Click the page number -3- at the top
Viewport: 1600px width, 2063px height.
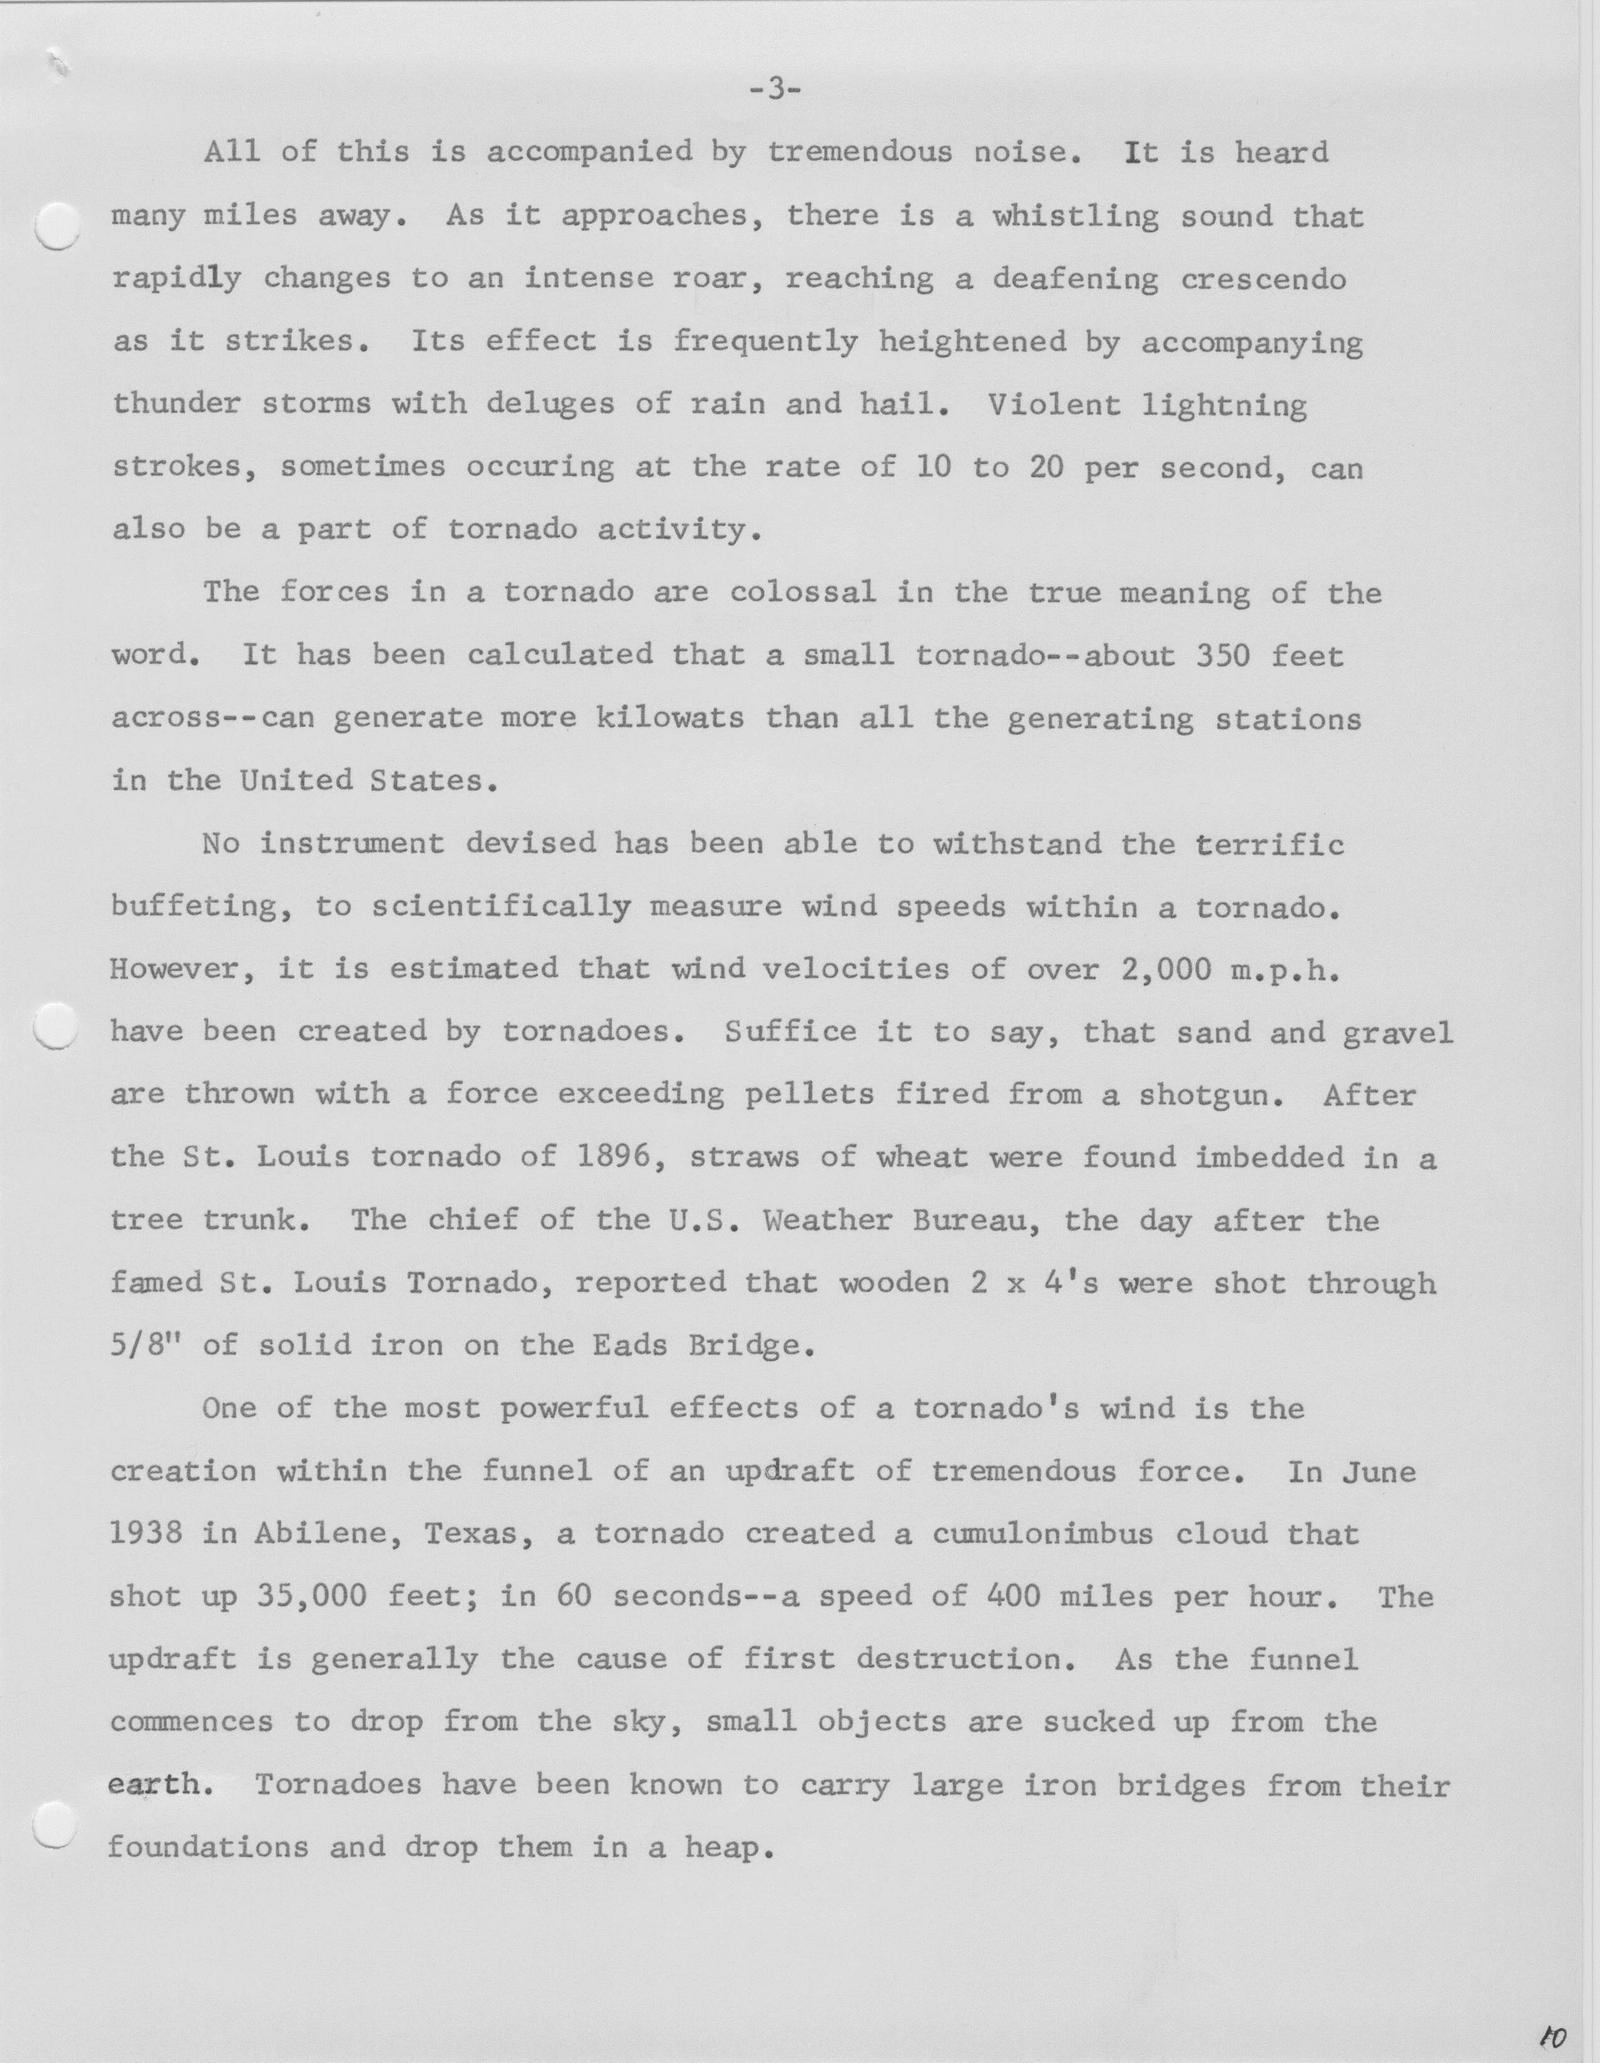(774, 91)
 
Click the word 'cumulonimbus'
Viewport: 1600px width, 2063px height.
(1043, 1533)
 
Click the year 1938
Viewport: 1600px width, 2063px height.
(146, 1533)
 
